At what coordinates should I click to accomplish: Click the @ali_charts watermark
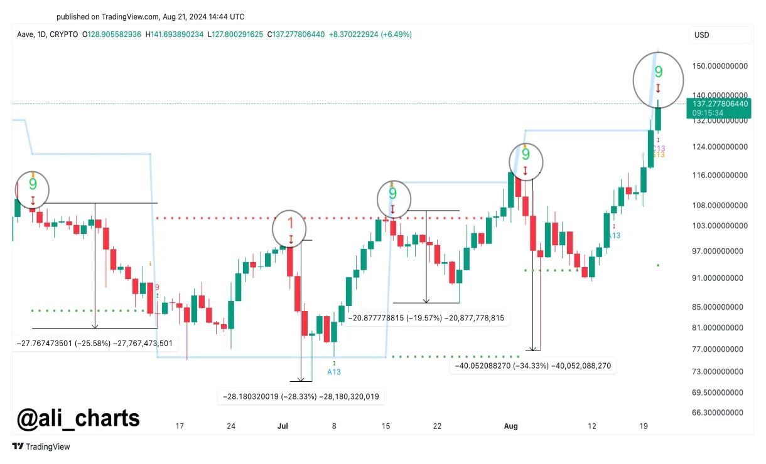click(78, 418)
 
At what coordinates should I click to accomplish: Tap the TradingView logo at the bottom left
click(41, 446)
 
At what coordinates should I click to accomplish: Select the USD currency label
click(701, 35)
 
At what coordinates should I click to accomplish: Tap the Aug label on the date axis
click(511, 426)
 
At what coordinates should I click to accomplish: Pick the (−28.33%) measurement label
click(301, 396)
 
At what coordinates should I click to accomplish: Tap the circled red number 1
click(290, 224)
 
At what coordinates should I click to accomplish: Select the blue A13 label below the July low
click(334, 372)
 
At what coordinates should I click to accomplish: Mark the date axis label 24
click(231, 426)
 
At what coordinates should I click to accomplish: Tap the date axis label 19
click(644, 426)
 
